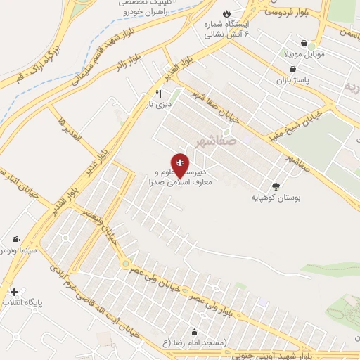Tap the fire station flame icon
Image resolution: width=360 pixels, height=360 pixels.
pyautogui.click(x=226, y=14)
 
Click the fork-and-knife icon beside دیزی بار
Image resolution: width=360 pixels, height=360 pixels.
pyautogui.click(x=160, y=94)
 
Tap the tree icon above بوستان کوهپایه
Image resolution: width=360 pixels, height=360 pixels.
pyautogui.click(x=275, y=187)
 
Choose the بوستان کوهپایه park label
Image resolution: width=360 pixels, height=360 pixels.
pyautogui.click(x=276, y=198)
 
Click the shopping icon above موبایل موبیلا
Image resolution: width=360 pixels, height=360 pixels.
pyautogui.click(x=304, y=43)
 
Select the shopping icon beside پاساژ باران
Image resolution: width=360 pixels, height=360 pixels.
pyautogui.click(x=292, y=69)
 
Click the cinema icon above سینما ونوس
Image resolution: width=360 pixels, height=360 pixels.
pyautogui.click(x=15, y=240)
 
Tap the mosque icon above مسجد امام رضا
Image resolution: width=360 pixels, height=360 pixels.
pyautogui.click(x=194, y=332)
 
